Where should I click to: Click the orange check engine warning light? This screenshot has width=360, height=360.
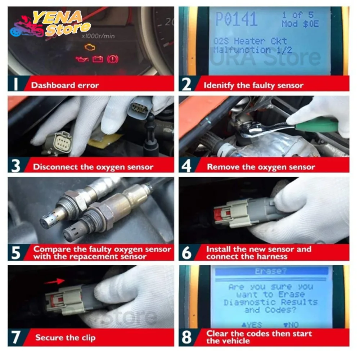(x=90, y=47)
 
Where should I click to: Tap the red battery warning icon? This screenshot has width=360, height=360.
(x=98, y=59)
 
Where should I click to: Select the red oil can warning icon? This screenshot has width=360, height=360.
(x=81, y=59)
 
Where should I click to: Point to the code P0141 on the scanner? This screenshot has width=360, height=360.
(x=236, y=19)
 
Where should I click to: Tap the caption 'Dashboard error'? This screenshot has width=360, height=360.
(x=65, y=85)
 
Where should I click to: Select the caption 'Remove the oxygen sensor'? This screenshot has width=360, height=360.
(x=261, y=167)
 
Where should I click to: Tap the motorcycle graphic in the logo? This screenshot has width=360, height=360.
(x=27, y=27)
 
